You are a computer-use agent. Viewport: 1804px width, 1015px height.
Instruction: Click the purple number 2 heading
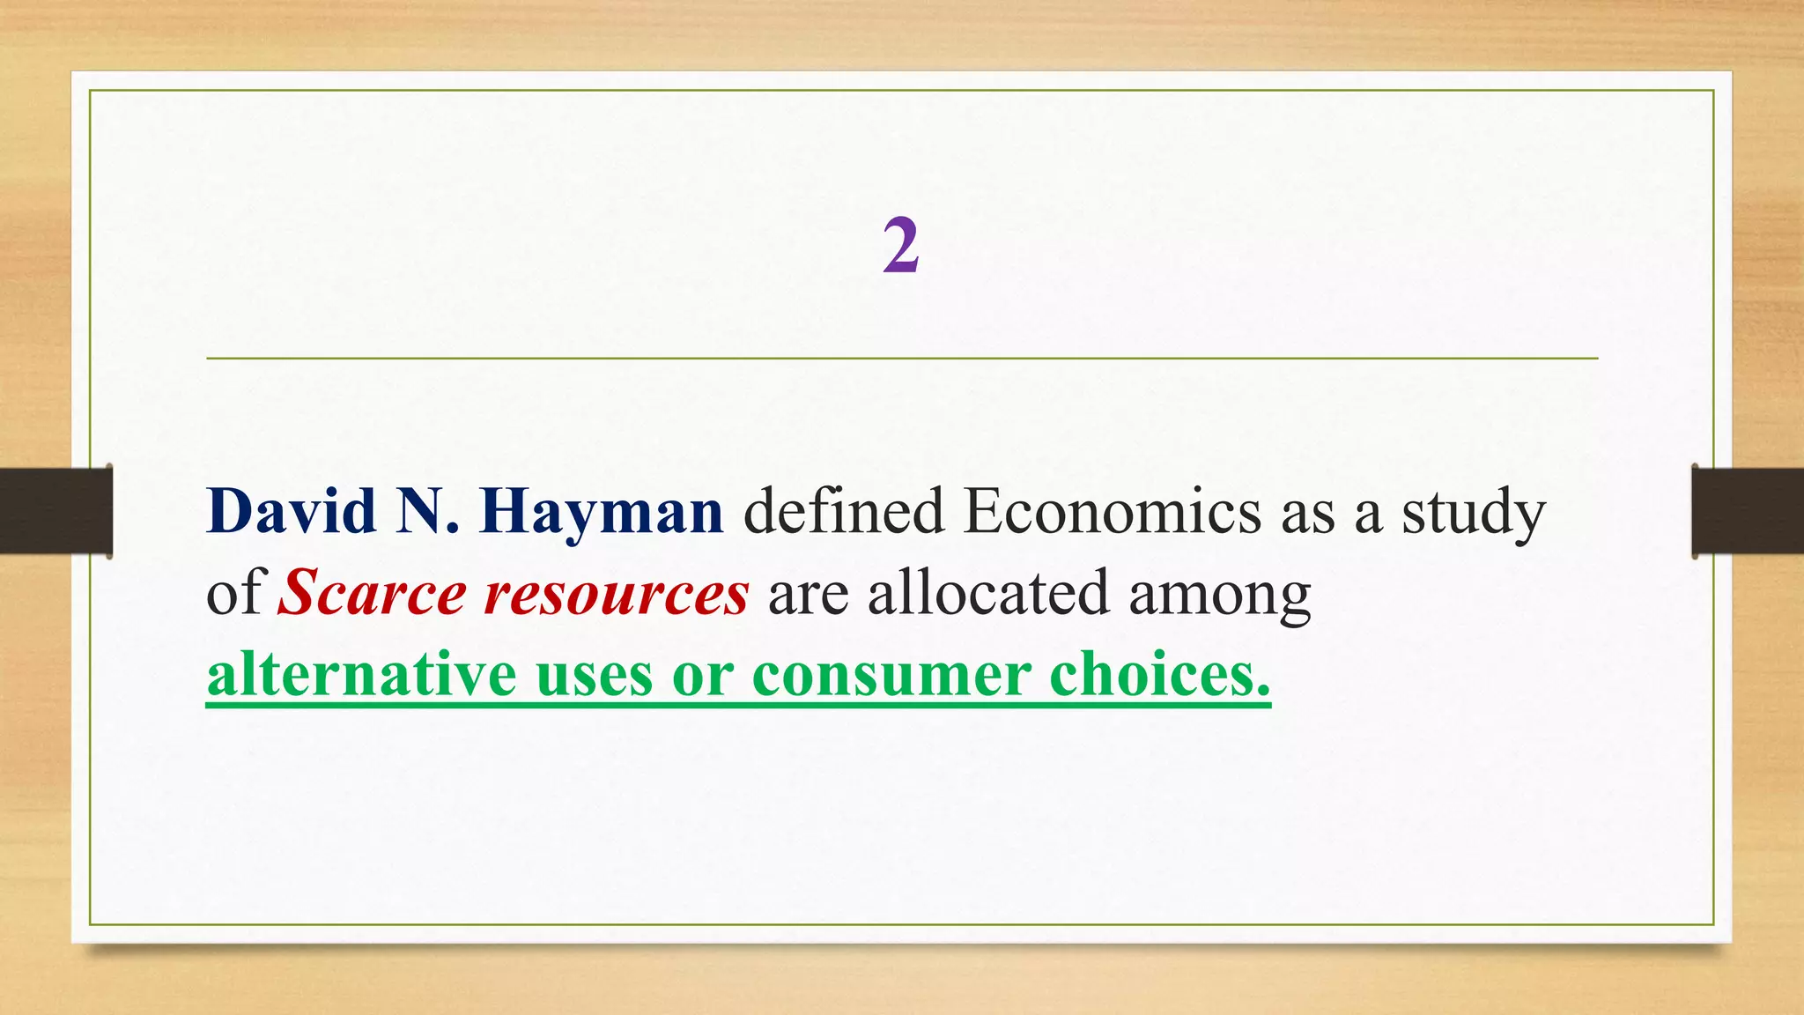(901, 246)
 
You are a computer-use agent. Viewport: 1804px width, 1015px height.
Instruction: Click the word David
(292, 511)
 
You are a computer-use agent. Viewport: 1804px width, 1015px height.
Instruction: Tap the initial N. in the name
(427, 511)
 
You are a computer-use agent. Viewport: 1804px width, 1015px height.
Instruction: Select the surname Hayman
(602, 513)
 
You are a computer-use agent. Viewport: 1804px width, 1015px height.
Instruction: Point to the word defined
(844, 511)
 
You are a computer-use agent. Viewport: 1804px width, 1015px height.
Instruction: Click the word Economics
(1112, 511)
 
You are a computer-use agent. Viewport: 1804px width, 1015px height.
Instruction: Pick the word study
(1473, 513)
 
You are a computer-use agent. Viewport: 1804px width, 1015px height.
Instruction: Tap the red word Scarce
(372, 592)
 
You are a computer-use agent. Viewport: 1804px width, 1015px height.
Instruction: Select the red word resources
(617, 594)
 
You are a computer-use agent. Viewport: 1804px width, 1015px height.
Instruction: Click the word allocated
(987, 592)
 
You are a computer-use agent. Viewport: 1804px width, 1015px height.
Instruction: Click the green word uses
(595, 676)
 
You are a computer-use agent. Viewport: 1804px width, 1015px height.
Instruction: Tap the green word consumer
(891, 676)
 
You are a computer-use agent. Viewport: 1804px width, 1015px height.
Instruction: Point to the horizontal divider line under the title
(902, 359)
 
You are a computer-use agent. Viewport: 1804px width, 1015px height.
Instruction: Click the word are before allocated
(808, 594)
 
